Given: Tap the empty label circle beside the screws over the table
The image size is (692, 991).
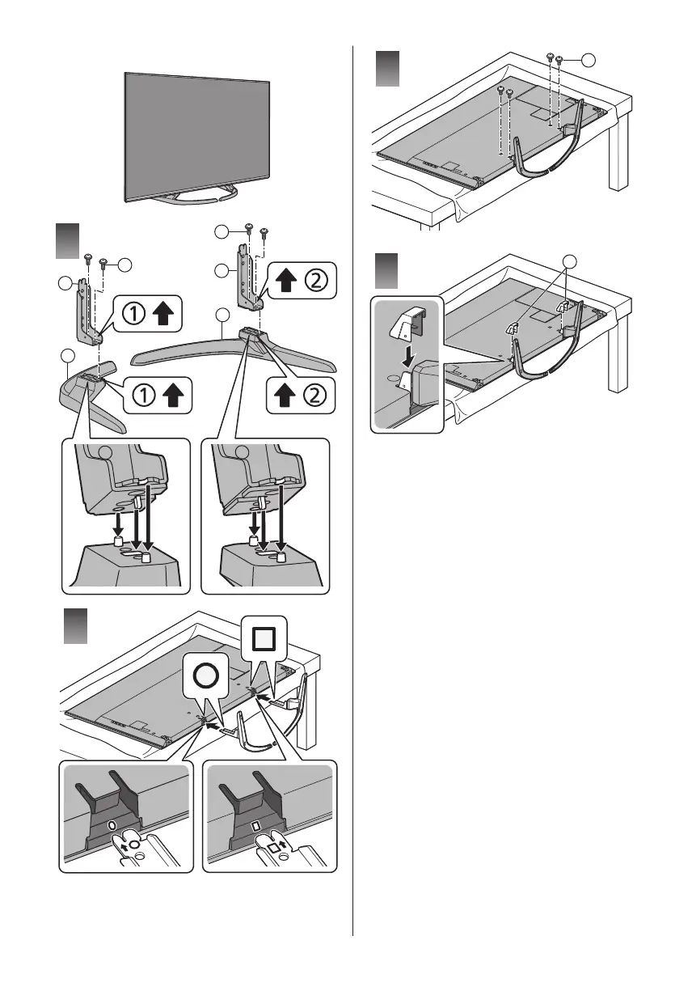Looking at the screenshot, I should point(589,59).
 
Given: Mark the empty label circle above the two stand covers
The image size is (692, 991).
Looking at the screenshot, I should point(570,260).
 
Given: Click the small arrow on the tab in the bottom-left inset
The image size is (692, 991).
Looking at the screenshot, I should point(123,844).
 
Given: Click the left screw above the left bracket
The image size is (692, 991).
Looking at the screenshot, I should point(87,258).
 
